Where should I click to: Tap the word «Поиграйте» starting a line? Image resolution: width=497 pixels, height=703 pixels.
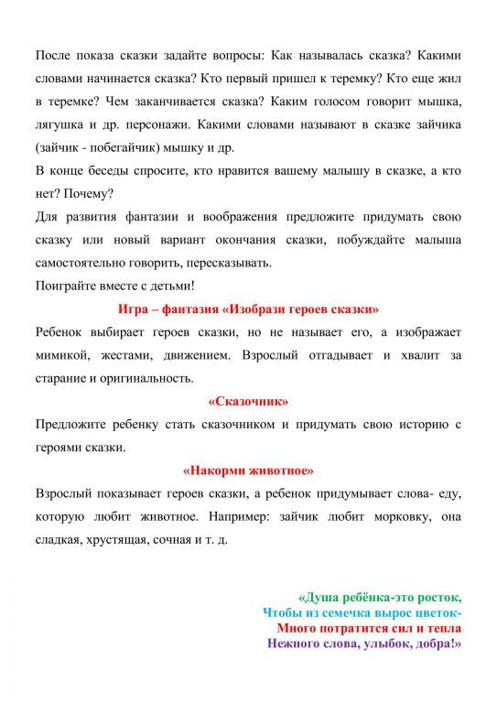click(x=63, y=285)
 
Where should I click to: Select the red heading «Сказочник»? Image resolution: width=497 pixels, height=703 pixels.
click(x=248, y=400)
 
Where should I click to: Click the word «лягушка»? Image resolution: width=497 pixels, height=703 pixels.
click(x=59, y=124)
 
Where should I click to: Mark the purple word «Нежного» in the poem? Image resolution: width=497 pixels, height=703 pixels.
click(x=295, y=644)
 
